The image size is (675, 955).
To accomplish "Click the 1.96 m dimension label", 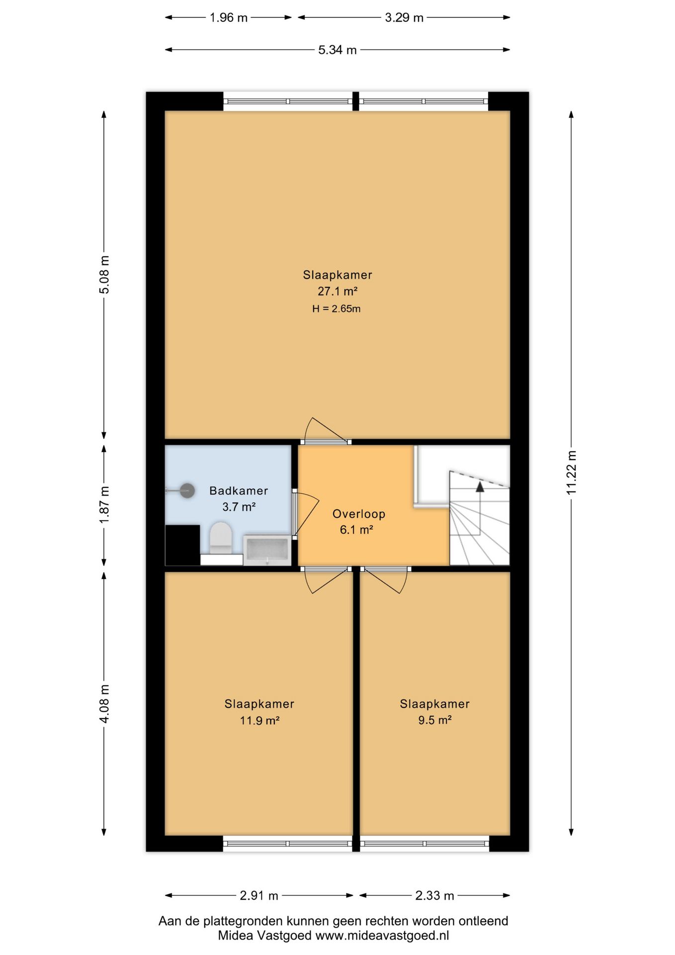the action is [228, 18].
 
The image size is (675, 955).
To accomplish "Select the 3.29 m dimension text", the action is [404, 18].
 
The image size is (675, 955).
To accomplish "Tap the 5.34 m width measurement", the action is [337, 50].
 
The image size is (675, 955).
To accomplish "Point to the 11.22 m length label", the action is [571, 473].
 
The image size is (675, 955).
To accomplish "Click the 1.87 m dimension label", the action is [104, 504].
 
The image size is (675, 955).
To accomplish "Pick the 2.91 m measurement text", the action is [259, 896].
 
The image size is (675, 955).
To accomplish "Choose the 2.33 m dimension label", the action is [435, 896].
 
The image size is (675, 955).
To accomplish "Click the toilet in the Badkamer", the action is [221, 538].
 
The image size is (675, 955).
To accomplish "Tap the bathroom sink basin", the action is [267, 550].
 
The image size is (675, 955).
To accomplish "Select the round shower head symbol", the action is [187, 491].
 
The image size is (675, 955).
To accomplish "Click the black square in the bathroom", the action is [182, 545].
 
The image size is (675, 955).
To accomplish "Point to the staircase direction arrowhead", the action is [480, 487].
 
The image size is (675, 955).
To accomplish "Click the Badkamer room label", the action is [239, 491].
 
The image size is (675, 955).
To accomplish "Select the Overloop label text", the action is [359, 514].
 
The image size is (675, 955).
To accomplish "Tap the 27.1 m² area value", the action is [337, 291].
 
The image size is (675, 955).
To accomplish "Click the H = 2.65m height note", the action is [337, 309].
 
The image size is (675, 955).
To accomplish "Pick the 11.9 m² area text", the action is [259, 720].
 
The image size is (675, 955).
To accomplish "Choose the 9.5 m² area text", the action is [435, 720].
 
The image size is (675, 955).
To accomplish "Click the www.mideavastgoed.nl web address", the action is [382, 936].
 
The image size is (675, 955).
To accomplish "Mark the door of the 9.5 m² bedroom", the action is [386, 579].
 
